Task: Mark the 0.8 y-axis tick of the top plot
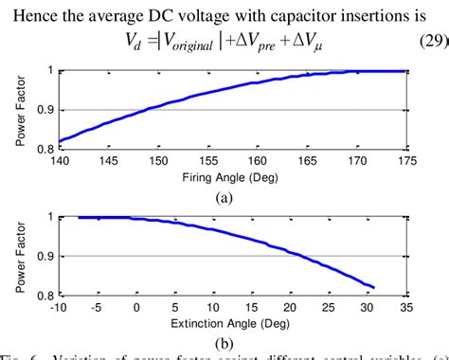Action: coord(46,149)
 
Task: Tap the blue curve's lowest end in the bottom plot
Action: coord(376,287)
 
